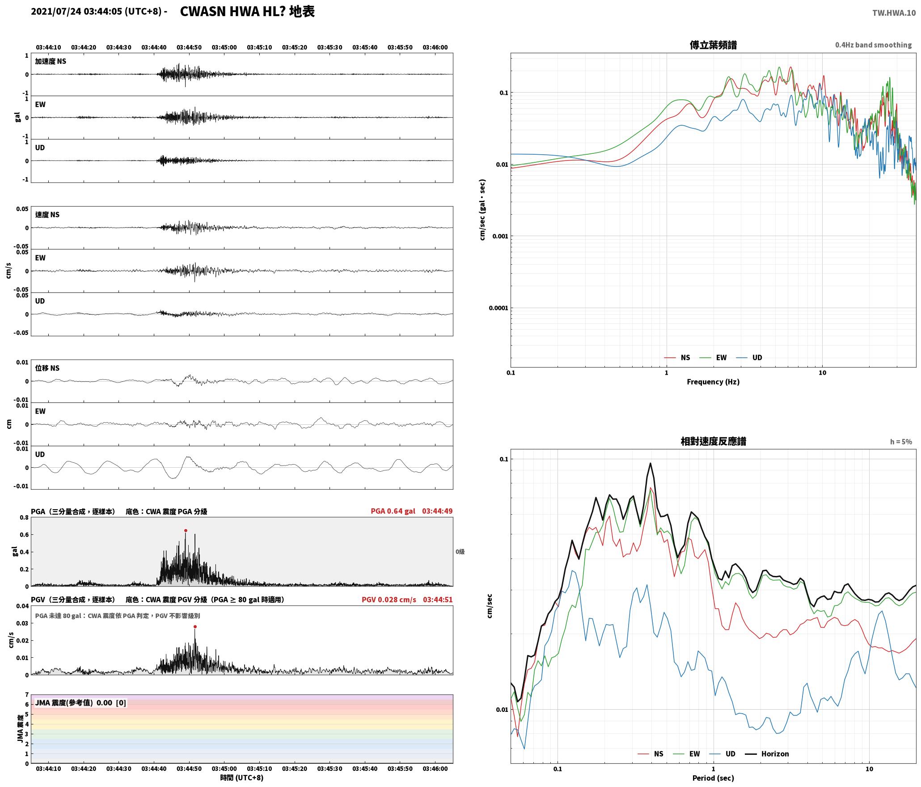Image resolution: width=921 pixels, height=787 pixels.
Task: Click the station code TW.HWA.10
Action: (894, 13)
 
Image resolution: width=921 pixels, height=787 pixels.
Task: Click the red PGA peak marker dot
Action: (186, 531)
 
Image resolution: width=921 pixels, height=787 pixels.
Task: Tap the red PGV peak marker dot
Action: (195, 627)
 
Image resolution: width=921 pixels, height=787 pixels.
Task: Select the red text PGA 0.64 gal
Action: (393, 511)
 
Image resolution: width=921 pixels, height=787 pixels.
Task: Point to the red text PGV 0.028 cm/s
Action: (389, 600)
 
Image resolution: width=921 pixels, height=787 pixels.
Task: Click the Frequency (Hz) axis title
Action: (713, 382)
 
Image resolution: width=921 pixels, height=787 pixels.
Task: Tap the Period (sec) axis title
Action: (713, 778)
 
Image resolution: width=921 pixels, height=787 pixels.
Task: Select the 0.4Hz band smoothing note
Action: (873, 45)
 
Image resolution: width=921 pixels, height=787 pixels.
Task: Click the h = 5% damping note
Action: (901, 442)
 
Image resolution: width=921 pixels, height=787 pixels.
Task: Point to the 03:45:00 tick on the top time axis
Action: (224, 47)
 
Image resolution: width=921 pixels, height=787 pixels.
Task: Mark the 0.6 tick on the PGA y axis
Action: (24, 535)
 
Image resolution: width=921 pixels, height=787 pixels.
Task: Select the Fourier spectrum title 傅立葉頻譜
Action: (713, 45)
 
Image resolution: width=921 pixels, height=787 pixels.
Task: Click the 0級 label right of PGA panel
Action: (460, 552)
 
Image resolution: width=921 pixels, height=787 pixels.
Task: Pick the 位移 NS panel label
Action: (47, 368)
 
